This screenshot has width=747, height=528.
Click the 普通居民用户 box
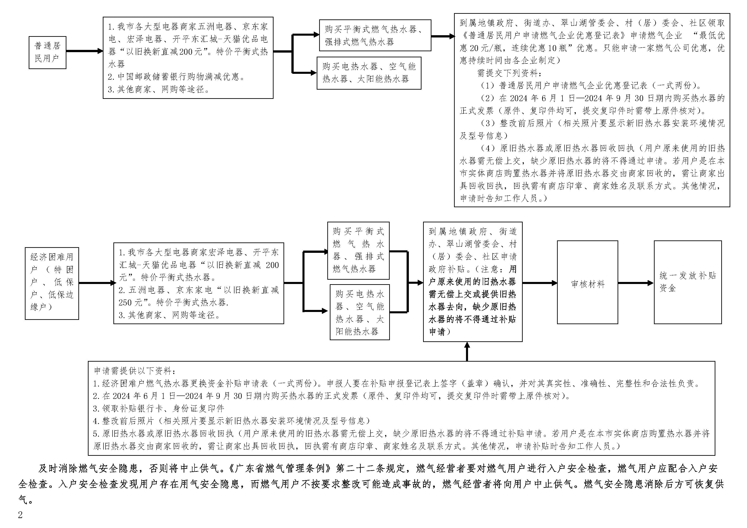click(x=47, y=52)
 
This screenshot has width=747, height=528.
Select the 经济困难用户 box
click(x=52, y=283)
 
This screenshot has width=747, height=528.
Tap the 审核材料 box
click(x=587, y=282)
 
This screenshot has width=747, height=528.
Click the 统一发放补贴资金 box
click(x=687, y=282)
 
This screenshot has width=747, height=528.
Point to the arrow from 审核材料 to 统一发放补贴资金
click(x=635, y=283)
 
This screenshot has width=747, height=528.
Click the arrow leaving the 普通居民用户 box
click(x=84, y=51)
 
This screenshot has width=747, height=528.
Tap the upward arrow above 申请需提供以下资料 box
click(x=467, y=351)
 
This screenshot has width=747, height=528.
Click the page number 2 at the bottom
click(x=20, y=515)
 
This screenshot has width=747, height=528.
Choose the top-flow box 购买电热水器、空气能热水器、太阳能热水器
click(x=369, y=73)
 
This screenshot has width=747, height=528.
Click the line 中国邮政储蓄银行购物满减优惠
click(x=177, y=77)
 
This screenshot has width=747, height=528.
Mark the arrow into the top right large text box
click(x=443, y=36)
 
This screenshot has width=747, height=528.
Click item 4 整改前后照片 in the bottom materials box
click(x=232, y=421)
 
